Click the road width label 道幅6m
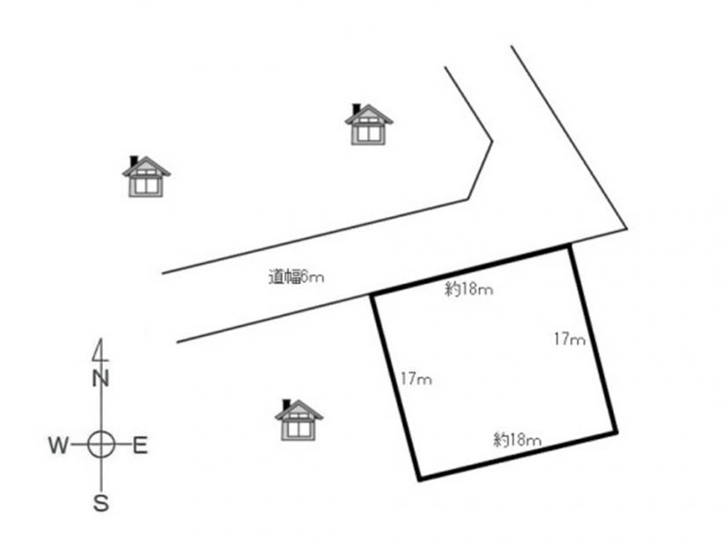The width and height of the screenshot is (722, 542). [x=296, y=277]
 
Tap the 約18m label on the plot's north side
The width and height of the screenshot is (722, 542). [x=468, y=289]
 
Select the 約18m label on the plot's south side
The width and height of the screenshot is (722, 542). [x=517, y=439]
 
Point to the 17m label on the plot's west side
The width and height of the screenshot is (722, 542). [x=416, y=379]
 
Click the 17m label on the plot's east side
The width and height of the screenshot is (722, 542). [x=570, y=339]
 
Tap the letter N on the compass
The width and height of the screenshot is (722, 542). [x=100, y=378]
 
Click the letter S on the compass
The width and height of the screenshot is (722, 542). [x=101, y=503]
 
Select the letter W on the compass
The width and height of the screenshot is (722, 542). [x=58, y=445]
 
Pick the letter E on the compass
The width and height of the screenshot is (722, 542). [x=140, y=446]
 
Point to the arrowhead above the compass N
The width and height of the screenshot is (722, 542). [x=99, y=350]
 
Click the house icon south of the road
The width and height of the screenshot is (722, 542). [x=298, y=419]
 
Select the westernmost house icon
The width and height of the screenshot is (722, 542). [x=146, y=176]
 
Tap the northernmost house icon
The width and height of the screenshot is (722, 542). [x=369, y=124]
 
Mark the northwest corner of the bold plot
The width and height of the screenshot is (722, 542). [x=373, y=294]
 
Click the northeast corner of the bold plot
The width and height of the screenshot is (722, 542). [x=570, y=247]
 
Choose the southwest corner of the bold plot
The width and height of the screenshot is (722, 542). [x=419, y=479]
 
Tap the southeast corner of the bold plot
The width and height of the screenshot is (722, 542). [x=615, y=433]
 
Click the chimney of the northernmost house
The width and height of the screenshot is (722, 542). [x=356, y=108]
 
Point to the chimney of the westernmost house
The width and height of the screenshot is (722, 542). [x=134, y=161]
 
